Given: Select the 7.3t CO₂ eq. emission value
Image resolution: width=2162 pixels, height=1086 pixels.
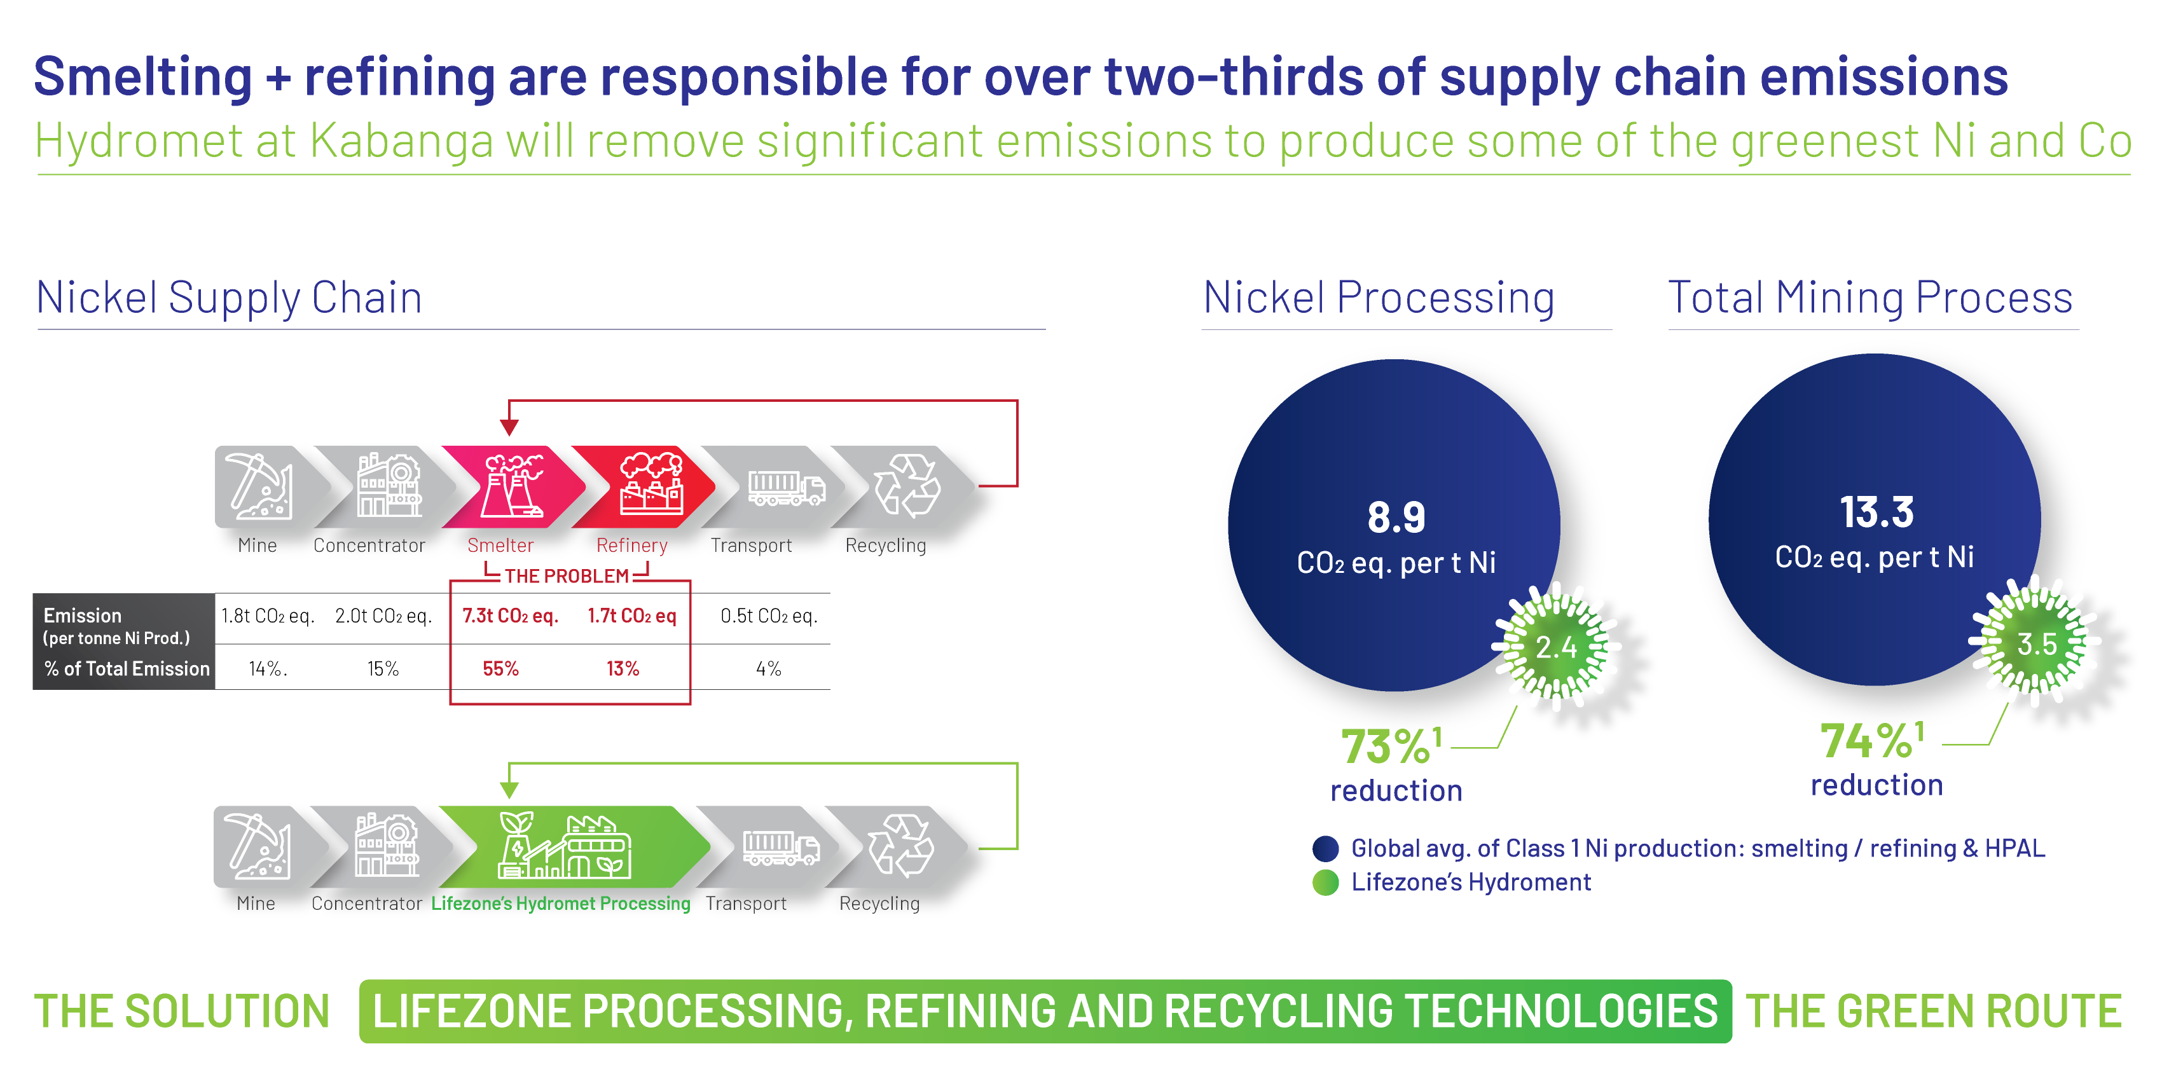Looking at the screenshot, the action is pyautogui.click(x=510, y=616).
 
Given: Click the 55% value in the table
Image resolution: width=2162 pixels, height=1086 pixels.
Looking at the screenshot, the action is pyautogui.click(x=501, y=669).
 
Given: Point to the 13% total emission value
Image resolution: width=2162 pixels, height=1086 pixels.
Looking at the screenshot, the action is pyautogui.click(x=623, y=669).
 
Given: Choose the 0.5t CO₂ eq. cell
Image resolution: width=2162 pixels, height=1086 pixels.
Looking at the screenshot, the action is pyautogui.click(x=769, y=616).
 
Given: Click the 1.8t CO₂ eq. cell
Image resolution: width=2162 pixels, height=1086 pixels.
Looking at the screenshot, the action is pyautogui.click(x=268, y=616).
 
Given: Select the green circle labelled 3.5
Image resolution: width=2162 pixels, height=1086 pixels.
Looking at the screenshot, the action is pyautogui.click(x=2036, y=643).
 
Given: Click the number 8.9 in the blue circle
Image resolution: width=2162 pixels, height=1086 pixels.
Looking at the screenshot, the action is pyautogui.click(x=1396, y=517).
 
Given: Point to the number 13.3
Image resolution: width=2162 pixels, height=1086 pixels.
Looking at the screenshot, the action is pyautogui.click(x=1876, y=512).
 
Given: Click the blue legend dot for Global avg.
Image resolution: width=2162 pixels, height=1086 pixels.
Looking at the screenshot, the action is pyautogui.click(x=1326, y=848).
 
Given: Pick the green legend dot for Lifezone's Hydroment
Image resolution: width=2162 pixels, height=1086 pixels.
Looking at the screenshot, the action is pyautogui.click(x=1326, y=883).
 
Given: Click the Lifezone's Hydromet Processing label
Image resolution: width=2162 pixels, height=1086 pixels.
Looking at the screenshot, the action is pyautogui.click(x=561, y=903).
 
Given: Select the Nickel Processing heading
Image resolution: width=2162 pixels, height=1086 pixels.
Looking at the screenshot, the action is pyautogui.click(x=1379, y=298).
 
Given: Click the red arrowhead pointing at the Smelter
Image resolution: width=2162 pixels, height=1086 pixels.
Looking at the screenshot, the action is pyautogui.click(x=509, y=427).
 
